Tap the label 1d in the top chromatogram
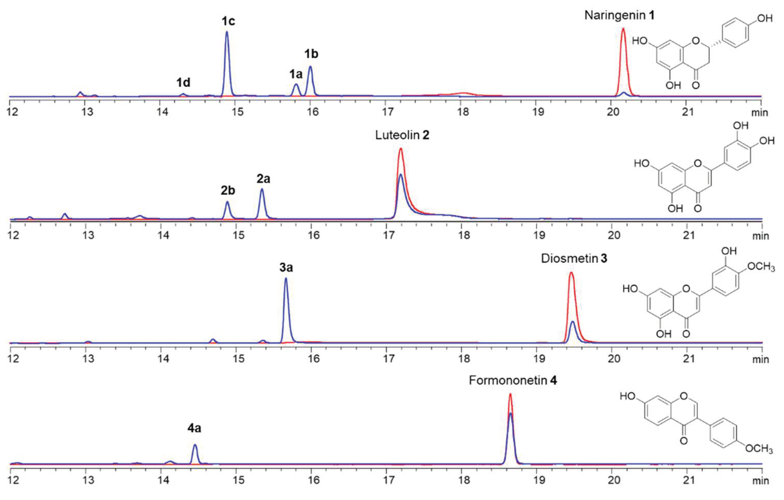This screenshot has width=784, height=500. tap(183, 83)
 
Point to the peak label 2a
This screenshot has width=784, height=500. tap(263, 179)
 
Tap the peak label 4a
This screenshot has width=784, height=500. tap(194, 428)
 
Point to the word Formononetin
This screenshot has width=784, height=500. tap(508, 380)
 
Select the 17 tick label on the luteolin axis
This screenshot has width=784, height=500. tap(389, 235)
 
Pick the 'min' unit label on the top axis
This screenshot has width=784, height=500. tap(760, 113)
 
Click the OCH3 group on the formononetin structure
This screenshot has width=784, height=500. tap(759, 449)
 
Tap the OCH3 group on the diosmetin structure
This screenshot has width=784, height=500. tap(760, 267)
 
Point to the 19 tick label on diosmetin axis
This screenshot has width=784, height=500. tap(539, 359)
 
